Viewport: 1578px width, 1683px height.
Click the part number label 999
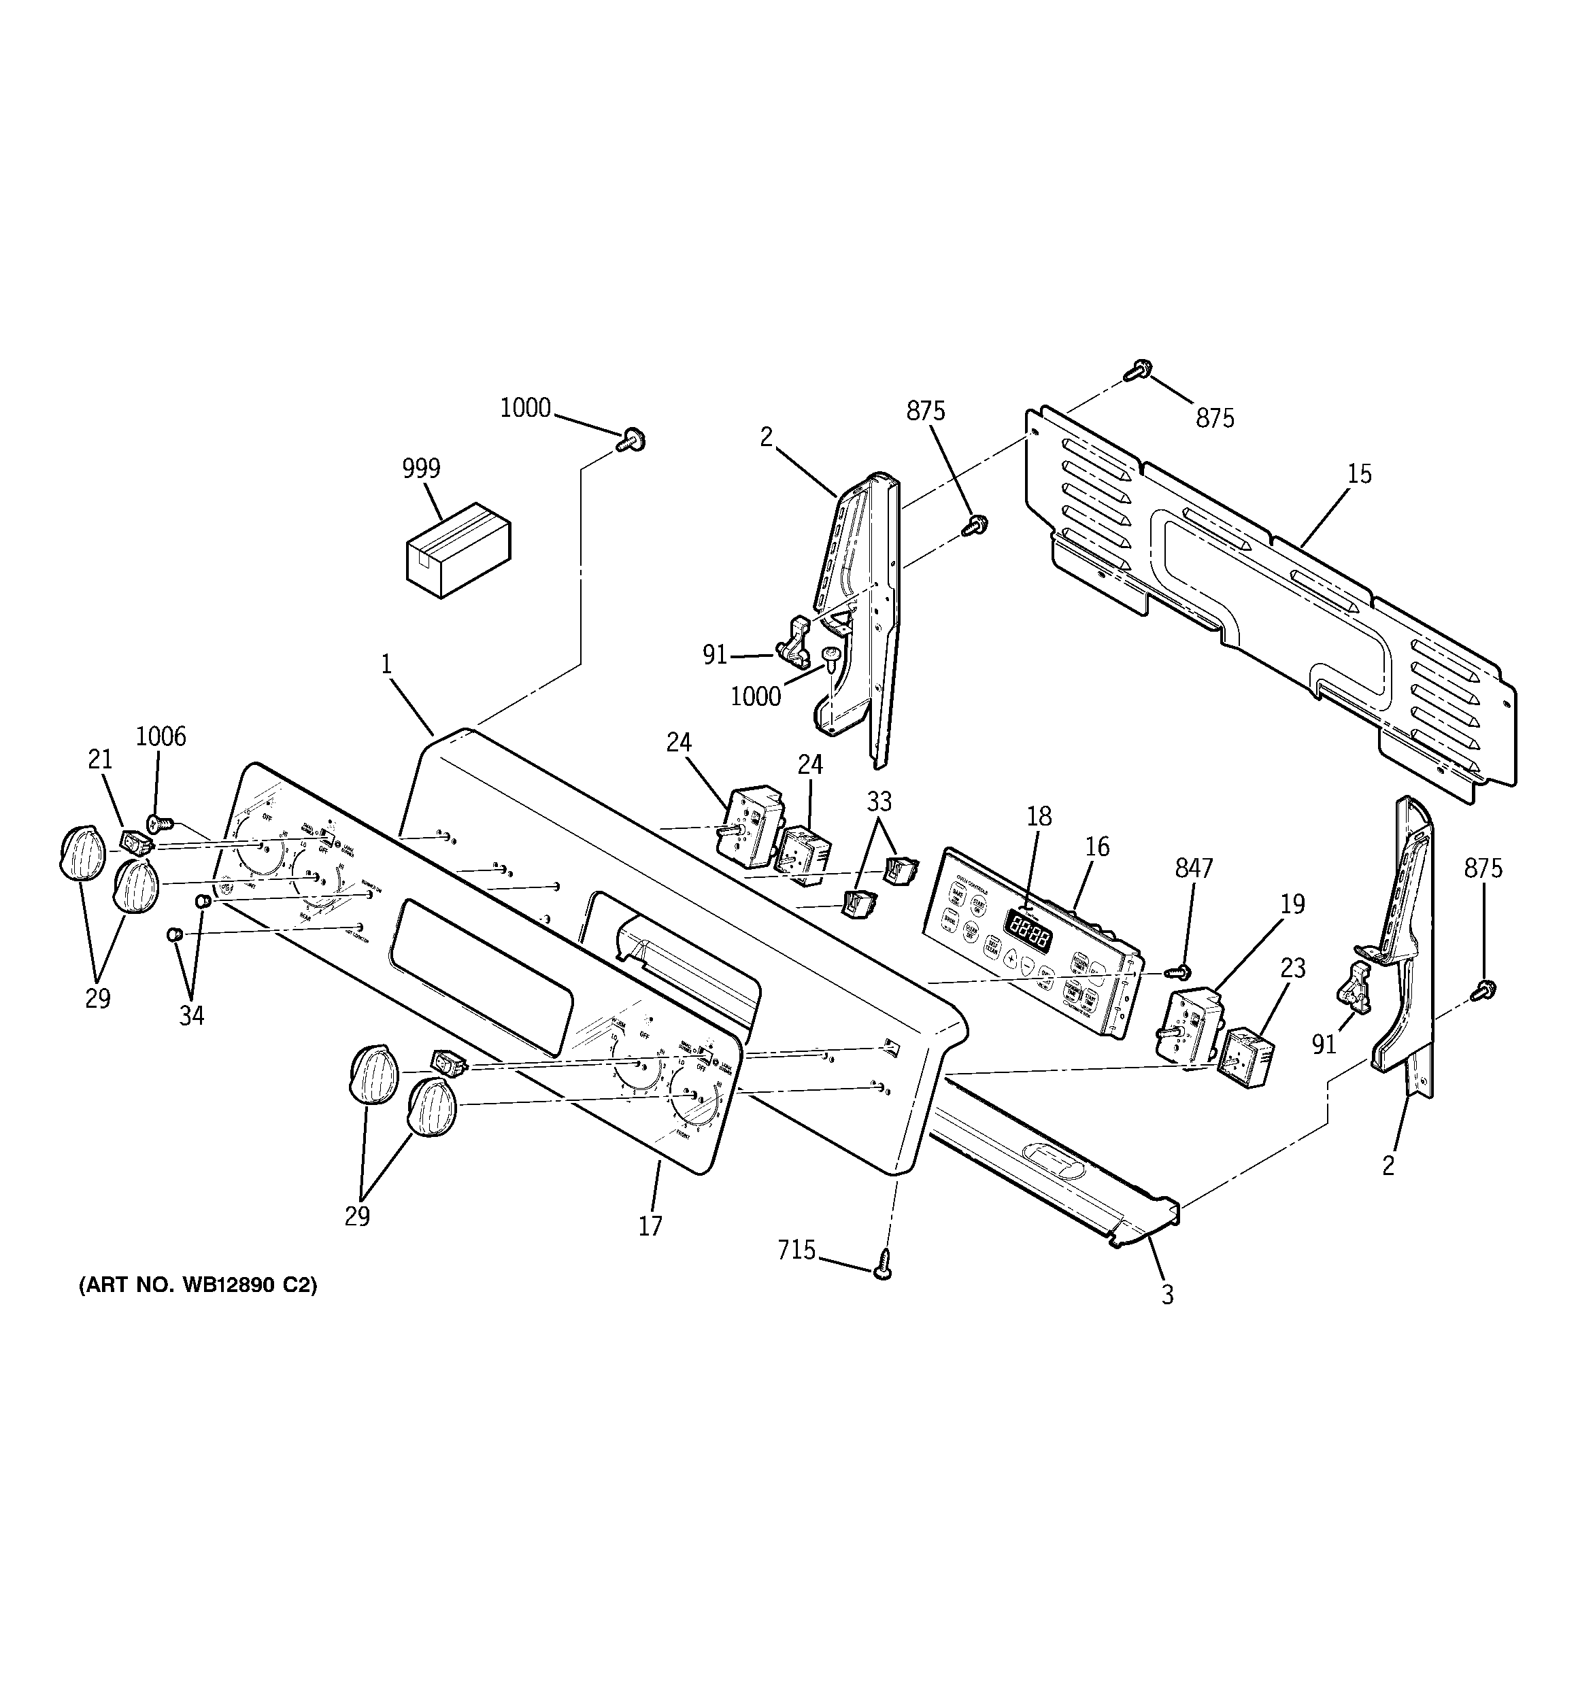421,468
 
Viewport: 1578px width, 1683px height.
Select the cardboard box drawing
458,549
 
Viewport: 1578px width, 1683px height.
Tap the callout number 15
1358,474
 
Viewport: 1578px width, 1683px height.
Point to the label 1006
161,736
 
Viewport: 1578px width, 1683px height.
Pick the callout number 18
1039,816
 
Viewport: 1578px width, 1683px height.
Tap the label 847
1194,868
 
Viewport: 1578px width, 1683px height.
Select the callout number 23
1292,968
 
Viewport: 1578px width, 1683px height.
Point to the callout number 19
1292,904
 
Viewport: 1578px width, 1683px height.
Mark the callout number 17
650,1226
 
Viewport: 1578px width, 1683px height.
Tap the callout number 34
191,1015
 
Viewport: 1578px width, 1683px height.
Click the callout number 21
100,760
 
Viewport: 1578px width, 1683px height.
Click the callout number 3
1167,1295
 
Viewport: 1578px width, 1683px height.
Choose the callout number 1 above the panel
386,664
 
